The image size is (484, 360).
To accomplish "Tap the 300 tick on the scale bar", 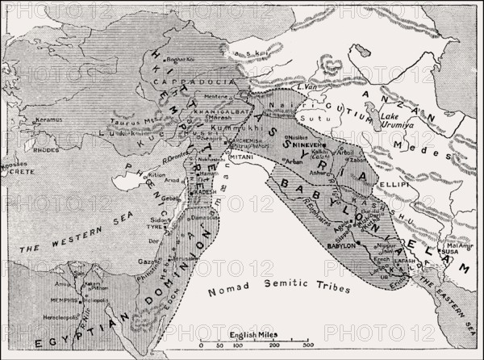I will coord(307,345).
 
